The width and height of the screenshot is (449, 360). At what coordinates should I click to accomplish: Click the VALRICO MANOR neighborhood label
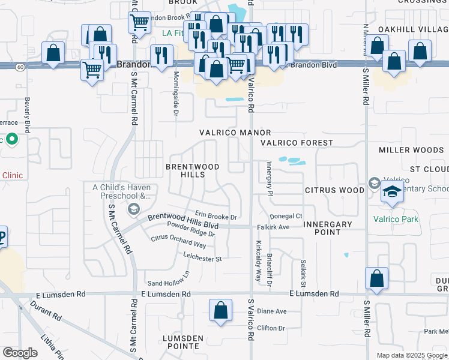click(235, 133)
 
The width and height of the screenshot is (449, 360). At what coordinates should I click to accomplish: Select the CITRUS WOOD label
click(334, 190)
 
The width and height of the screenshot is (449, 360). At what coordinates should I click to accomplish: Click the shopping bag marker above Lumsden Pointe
click(221, 311)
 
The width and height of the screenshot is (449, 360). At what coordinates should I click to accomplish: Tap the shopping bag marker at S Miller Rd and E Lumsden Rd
click(376, 279)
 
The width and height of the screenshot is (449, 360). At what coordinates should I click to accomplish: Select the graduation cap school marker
click(392, 192)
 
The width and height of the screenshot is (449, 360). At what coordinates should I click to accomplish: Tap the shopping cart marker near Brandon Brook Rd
click(139, 23)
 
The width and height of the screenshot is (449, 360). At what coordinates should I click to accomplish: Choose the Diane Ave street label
click(272, 311)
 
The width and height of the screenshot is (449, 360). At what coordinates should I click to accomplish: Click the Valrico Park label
click(396, 219)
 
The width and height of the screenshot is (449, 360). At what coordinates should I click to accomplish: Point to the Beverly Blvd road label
click(27, 115)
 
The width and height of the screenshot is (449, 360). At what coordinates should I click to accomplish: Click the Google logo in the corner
click(20, 353)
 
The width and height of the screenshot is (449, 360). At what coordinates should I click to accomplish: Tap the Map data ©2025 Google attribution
click(411, 355)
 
